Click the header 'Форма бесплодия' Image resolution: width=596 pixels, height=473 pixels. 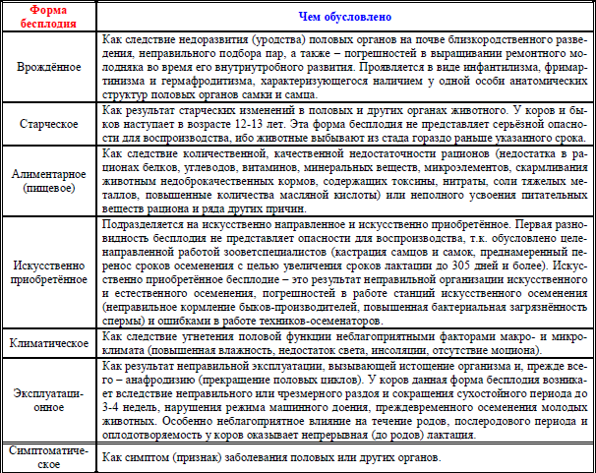coord(49,18)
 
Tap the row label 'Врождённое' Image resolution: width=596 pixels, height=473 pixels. coord(49,73)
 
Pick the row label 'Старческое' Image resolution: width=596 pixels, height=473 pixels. coord(49,127)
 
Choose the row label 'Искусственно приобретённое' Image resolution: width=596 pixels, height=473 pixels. coord(49,272)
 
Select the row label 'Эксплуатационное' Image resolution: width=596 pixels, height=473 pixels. coord(49,402)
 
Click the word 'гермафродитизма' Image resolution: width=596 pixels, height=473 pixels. coord(185,86)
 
